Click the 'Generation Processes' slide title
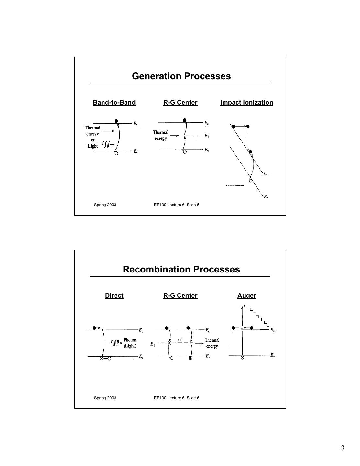pyautogui.click(x=181, y=76)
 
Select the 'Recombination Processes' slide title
pyautogui.click(x=181, y=269)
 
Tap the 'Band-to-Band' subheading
pyautogui.click(x=114, y=102)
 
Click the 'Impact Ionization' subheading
pyautogui.click(x=246, y=102)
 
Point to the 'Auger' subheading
pyautogui.click(x=246, y=295)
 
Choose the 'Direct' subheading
pyautogui.click(x=114, y=295)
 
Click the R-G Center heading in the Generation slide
pyautogui.click(x=180, y=102)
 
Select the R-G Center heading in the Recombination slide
pyautogui.click(x=180, y=295)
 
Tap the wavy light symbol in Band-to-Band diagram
pyautogui.click(x=107, y=144)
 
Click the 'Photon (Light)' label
pyautogui.click(x=130, y=343)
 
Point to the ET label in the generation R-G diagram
pyautogui.click(x=207, y=136)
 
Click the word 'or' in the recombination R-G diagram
pyautogui.click(x=180, y=340)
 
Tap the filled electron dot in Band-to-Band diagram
pyautogui.click(x=116, y=121)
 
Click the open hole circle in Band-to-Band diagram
pyautogui.click(x=116, y=153)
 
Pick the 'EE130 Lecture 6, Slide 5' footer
pyautogui.click(x=176, y=205)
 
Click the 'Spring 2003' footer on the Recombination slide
pyautogui.click(x=105, y=398)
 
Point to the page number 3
pyautogui.click(x=343, y=448)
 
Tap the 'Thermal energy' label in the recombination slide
pyautogui.click(x=212, y=343)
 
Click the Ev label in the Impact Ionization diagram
pyautogui.click(x=266, y=197)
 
